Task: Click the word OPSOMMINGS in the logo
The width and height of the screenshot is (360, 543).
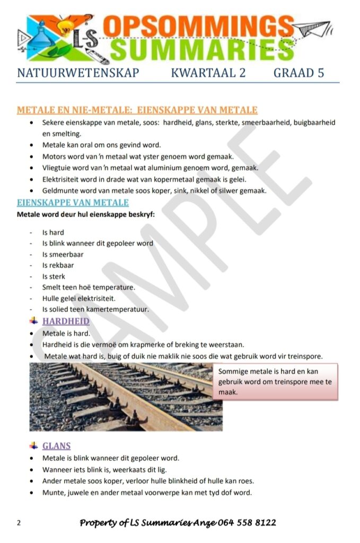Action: pos(198,25)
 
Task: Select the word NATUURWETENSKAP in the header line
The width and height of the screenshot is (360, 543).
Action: pos(78,73)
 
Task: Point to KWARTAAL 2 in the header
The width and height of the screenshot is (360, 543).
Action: pos(208,73)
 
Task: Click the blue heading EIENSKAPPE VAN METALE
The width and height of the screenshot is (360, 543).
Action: pos(73,203)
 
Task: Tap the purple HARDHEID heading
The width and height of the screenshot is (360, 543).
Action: pos(66,321)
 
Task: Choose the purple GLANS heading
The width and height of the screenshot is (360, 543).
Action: pos(57,446)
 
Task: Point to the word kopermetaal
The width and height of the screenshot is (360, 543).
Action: pos(170,179)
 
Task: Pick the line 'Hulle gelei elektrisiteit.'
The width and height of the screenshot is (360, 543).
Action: pos(79,299)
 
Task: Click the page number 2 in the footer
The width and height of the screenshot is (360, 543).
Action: pos(19,523)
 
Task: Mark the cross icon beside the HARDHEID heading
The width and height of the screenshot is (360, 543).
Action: pos(33,321)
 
